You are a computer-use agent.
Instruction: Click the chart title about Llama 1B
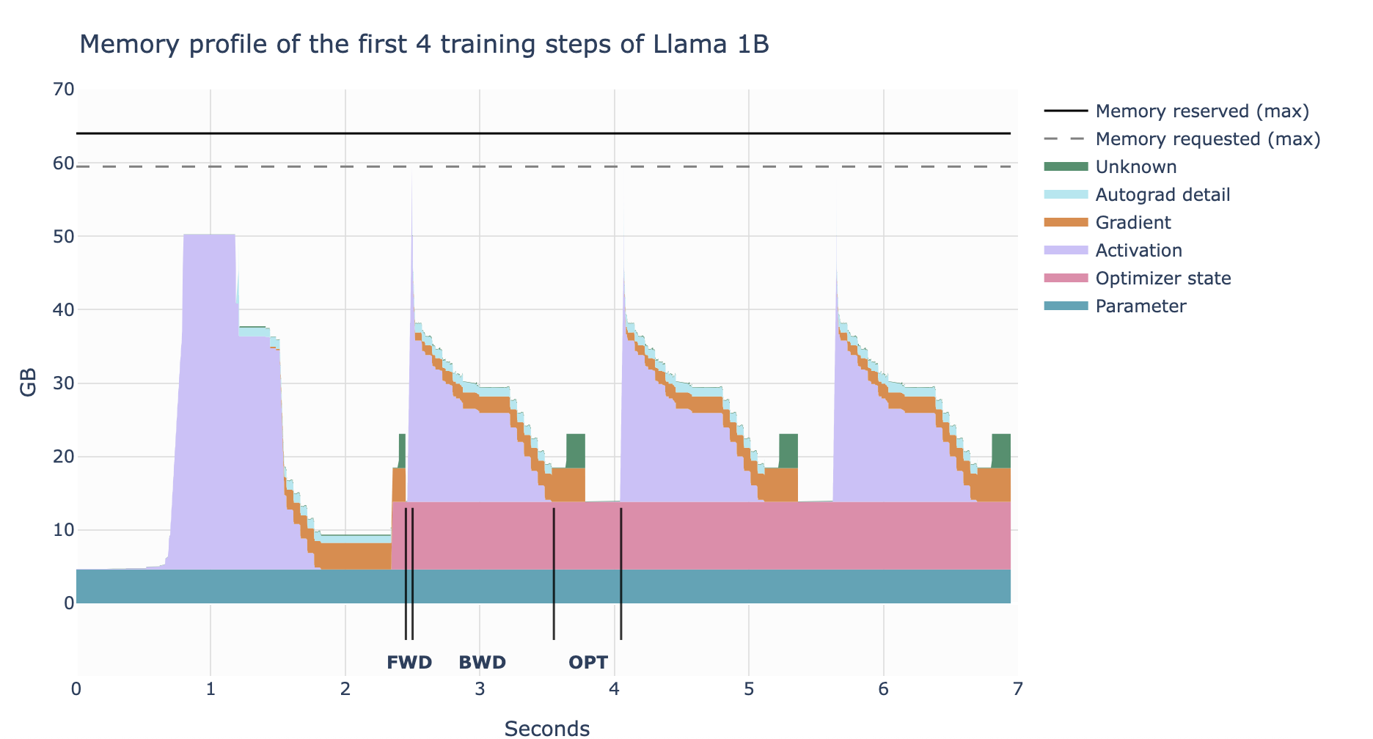[x=424, y=45]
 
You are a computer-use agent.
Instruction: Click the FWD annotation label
[x=409, y=663]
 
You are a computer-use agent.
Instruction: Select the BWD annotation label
[x=483, y=663]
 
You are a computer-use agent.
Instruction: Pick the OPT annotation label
[x=588, y=663]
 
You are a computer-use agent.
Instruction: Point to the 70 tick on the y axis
[x=64, y=89]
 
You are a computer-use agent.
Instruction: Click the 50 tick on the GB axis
[x=64, y=236]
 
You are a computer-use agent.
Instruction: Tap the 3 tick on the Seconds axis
[x=480, y=689]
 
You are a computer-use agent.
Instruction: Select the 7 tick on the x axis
[x=1018, y=689]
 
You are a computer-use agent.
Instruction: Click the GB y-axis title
[x=29, y=383]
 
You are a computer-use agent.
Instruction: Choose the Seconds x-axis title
[x=547, y=728]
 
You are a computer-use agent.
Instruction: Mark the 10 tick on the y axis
[x=64, y=530]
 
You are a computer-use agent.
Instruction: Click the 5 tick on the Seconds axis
[x=749, y=689]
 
